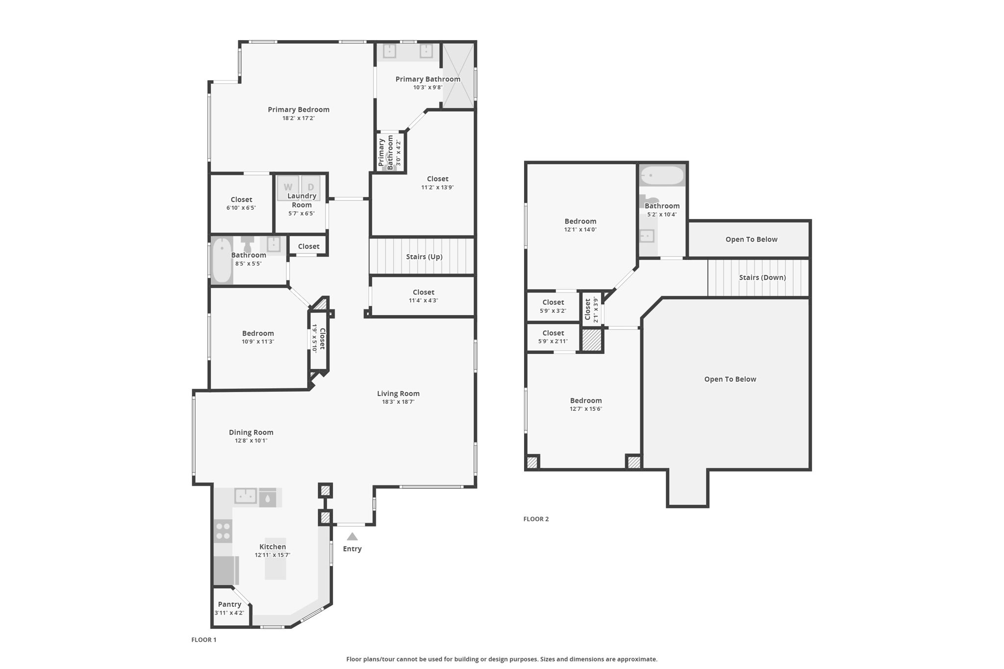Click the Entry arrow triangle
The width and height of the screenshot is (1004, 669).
[x=352, y=536]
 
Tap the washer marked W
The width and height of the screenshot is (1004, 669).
[x=288, y=187]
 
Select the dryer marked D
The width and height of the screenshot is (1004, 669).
[x=310, y=187]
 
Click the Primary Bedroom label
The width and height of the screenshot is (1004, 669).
[x=299, y=110]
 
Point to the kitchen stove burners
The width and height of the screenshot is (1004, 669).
[x=223, y=531]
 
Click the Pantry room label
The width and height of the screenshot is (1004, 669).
[x=229, y=604]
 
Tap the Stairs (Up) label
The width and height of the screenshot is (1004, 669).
[x=424, y=257]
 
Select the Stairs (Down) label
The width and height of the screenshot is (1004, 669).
[x=762, y=277]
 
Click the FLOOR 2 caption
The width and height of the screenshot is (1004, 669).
[x=536, y=519]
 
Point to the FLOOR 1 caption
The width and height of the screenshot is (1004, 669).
[x=203, y=640]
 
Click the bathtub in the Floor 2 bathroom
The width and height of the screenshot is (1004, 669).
[x=662, y=175]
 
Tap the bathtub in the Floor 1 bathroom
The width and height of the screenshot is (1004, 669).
[x=222, y=260]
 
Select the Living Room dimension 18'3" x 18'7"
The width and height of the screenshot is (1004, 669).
[x=398, y=402]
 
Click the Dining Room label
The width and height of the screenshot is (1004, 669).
[x=251, y=432]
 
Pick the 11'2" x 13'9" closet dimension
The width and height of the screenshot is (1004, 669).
[x=437, y=187]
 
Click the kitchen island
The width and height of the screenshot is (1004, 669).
[x=276, y=569]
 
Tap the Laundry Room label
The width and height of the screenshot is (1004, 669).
[x=301, y=200]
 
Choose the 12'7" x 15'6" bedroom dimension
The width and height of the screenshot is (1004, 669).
[x=586, y=409]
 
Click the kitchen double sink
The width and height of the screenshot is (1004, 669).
[x=246, y=496]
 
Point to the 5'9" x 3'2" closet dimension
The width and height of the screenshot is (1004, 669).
[x=553, y=311]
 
